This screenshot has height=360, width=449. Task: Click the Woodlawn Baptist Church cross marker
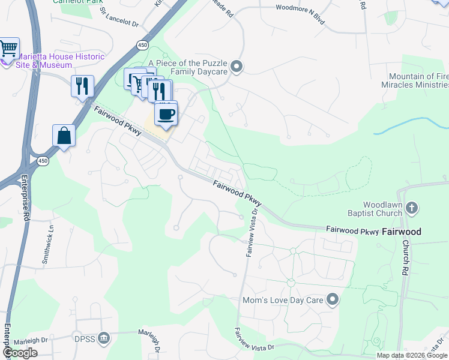411,208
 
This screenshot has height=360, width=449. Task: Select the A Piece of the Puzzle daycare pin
237,67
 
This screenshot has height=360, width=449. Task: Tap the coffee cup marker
166,113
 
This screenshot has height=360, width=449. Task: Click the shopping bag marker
64,136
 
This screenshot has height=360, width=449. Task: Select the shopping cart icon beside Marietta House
9,48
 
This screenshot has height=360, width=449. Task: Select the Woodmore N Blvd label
300,8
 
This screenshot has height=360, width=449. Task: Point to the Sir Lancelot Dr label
119,18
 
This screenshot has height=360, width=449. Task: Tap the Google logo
20,353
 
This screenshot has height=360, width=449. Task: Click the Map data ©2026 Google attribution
411,355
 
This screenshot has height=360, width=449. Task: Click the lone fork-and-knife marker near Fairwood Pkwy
82,86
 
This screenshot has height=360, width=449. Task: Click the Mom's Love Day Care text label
282,300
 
